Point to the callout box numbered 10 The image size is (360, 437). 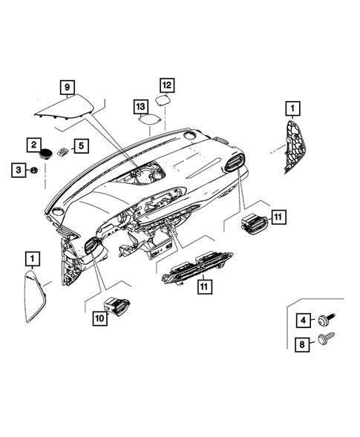pyautogui.click(x=99, y=318)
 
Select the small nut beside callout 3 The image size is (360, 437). pyautogui.click(x=34, y=171)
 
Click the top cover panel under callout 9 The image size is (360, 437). pyautogui.click(x=67, y=109)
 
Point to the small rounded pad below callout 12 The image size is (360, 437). pyautogui.click(x=165, y=100)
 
